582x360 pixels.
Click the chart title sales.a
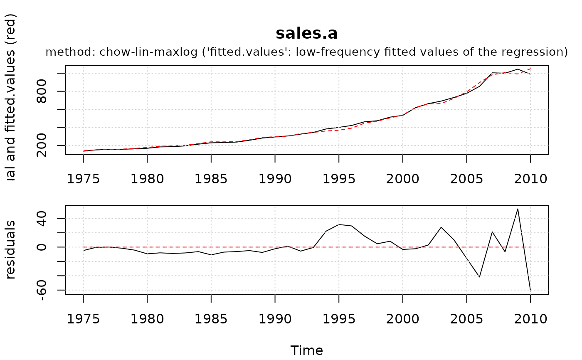(x=306, y=34)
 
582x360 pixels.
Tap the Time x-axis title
(x=306, y=350)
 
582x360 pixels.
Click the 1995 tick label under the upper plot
(x=339, y=179)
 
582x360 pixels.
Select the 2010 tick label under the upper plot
(x=530, y=179)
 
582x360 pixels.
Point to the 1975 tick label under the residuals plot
(x=83, y=319)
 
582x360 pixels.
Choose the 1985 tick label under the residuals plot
(x=211, y=319)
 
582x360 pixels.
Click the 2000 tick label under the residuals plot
(x=402, y=319)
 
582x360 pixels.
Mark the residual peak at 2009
(x=518, y=209)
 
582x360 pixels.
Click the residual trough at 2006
(x=479, y=277)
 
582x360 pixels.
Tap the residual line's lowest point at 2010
(x=530, y=290)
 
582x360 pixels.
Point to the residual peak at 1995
(x=339, y=224)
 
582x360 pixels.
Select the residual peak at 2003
(x=441, y=227)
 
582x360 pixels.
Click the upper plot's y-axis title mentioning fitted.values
(x=12, y=98)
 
